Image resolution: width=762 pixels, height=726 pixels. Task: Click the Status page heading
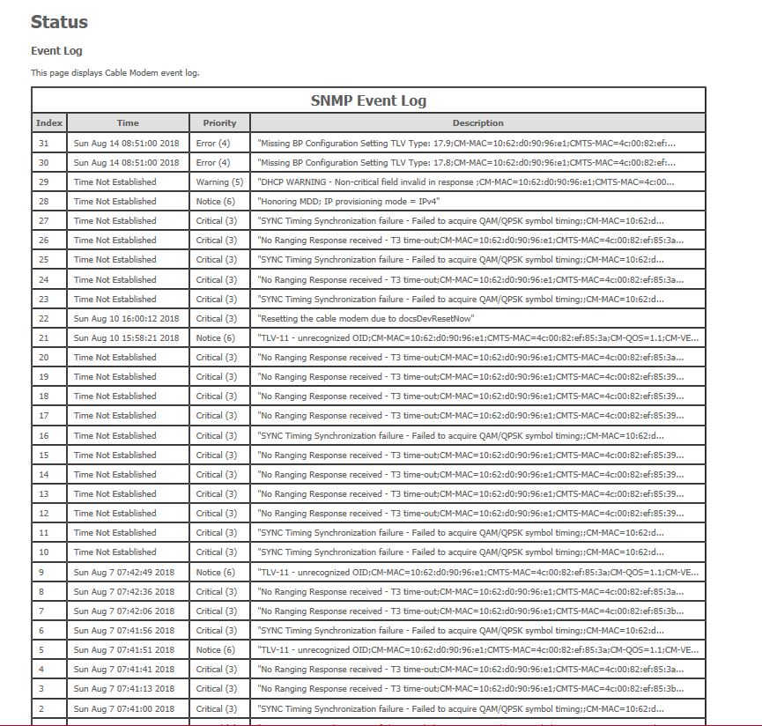(x=59, y=22)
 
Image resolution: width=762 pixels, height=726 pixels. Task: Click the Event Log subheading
(x=56, y=51)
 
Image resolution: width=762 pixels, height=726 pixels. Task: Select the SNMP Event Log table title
(x=368, y=100)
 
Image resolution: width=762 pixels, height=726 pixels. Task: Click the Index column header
(x=49, y=123)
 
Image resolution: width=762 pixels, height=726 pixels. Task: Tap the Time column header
(x=128, y=123)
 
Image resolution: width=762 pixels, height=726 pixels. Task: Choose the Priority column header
(x=219, y=123)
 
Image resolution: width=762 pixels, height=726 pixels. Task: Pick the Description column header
(x=477, y=123)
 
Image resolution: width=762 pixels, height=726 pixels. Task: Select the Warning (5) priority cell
(x=219, y=182)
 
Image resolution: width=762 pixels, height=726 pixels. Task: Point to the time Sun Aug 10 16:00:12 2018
(x=126, y=319)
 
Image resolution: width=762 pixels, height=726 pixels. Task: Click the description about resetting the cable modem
(x=366, y=319)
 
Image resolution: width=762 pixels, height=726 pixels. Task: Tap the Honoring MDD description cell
(x=349, y=202)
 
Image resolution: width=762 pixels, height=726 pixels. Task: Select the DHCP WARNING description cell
(x=466, y=182)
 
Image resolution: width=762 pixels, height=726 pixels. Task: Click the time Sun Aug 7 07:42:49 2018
(x=124, y=573)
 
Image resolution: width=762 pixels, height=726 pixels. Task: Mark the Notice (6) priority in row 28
(x=216, y=202)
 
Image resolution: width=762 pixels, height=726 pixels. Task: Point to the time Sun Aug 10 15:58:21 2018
(x=126, y=338)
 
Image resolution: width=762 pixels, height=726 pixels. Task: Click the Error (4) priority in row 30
(x=213, y=163)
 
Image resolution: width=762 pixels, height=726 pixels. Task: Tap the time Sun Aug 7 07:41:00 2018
(x=124, y=709)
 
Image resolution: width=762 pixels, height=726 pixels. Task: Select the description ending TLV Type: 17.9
(x=467, y=143)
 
